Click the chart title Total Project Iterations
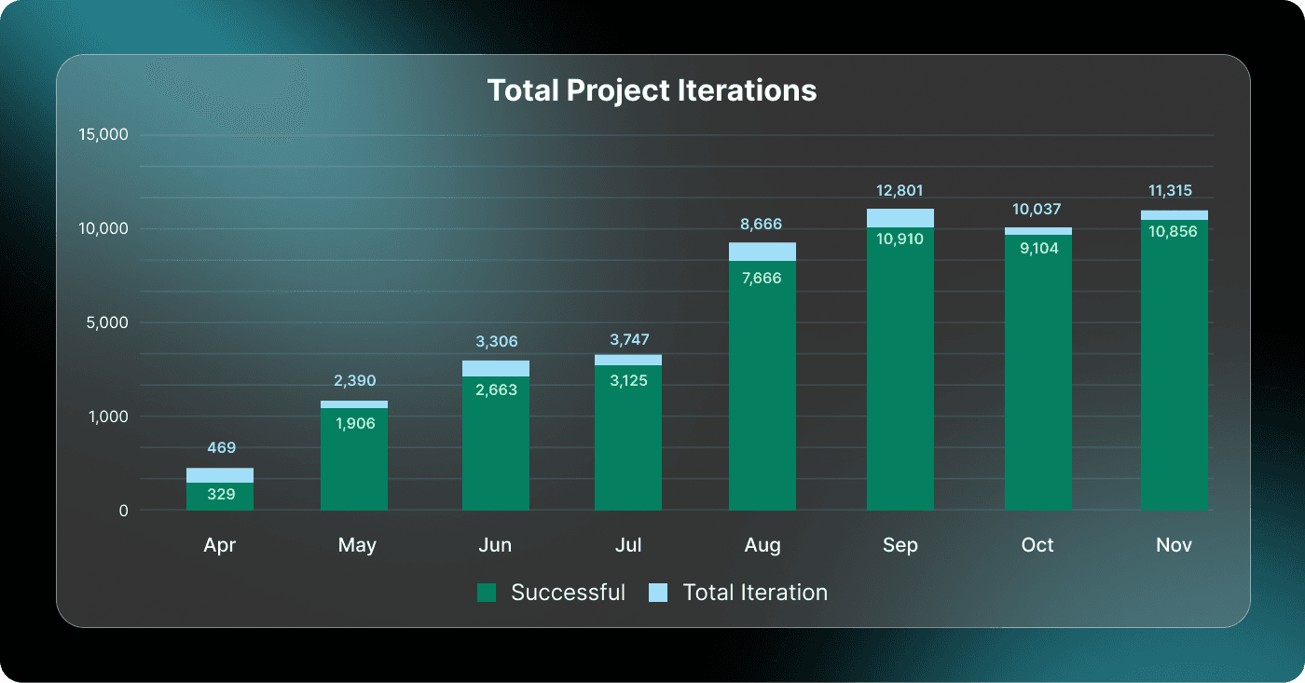(652, 90)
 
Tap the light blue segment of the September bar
(900, 218)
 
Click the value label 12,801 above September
(900, 191)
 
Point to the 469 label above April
(221, 448)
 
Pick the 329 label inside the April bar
(221, 495)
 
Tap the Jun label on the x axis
(495, 545)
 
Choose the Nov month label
(1174, 545)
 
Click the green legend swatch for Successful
(487, 593)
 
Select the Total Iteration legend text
(755, 593)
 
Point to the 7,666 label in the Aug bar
(762, 279)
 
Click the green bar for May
(354, 461)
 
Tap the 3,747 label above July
(629, 340)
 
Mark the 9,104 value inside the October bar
(1037, 249)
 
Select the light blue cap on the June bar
(496, 368)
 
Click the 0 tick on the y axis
(122, 511)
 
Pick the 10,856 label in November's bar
(1174, 232)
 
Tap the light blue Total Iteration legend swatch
(658, 593)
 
